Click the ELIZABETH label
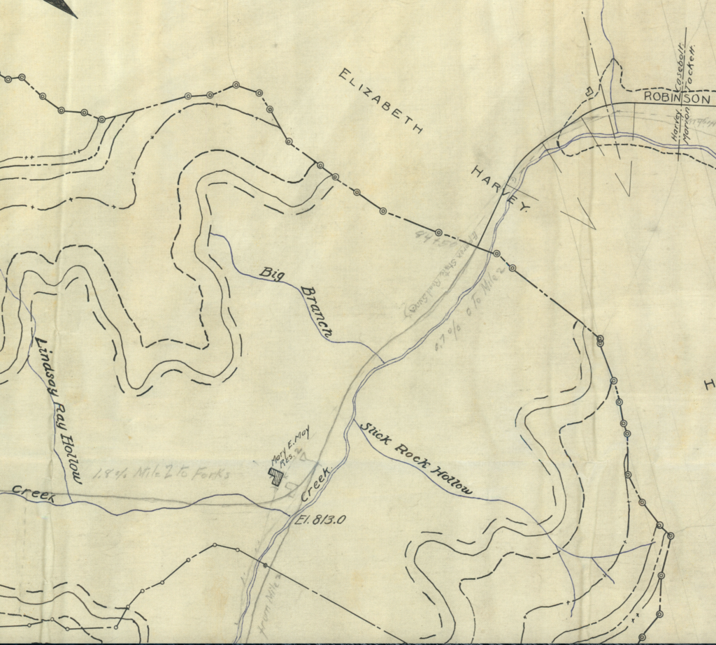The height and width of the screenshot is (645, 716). pyautogui.click(x=381, y=101)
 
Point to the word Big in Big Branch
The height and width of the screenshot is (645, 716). pyautogui.click(x=273, y=274)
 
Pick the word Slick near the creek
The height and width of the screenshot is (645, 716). pyautogui.click(x=374, y=434)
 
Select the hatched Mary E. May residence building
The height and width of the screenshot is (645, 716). pyautogui.click(x=277, y=476)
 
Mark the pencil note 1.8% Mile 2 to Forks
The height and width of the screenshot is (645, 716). pyautogui.click(x=161, y=473)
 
